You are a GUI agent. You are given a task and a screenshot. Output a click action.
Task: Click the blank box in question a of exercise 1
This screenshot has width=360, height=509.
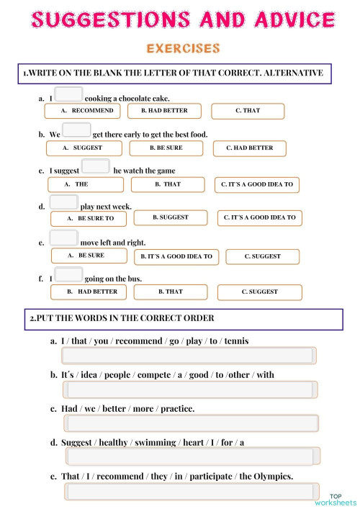click(x=68, y=94)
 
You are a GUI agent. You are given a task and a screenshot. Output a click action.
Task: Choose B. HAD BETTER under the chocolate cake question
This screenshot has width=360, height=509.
click(x=164, y=111)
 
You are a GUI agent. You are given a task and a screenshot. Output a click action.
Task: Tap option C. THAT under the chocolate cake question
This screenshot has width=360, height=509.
click(x=248, y=111)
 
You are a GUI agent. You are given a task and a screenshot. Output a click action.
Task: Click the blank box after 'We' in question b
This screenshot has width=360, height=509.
click(x=76, y=130)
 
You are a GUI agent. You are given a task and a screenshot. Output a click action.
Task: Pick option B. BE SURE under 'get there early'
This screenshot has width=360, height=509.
click(x=166, y=148)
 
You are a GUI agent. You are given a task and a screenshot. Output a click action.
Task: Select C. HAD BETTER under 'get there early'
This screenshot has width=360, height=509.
click(x=249, y=148)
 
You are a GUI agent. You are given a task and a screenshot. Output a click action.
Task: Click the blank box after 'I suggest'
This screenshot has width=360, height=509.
click(x=96, y=166)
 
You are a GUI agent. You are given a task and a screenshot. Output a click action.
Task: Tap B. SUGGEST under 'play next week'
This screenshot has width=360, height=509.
click(x=171, y=217)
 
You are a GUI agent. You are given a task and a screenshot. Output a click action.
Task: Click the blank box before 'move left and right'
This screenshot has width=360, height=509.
click(x=64, y=238)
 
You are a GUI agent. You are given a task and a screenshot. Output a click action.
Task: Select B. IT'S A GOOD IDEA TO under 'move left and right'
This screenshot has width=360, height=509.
click(x=176, y=256)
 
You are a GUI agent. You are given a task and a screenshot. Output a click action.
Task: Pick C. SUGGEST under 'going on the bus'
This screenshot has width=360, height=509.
click(x=261, y=292)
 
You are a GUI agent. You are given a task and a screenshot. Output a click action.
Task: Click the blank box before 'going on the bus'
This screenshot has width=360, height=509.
click(x=68, y=274)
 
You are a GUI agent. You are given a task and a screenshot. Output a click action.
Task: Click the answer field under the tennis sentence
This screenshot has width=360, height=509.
click(x=189, y=356)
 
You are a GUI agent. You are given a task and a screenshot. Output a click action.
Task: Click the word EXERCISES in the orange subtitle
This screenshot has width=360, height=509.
click(x=183, y=49)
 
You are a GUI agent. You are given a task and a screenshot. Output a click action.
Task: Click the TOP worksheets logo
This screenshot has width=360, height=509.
click(x=342, y=499)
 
